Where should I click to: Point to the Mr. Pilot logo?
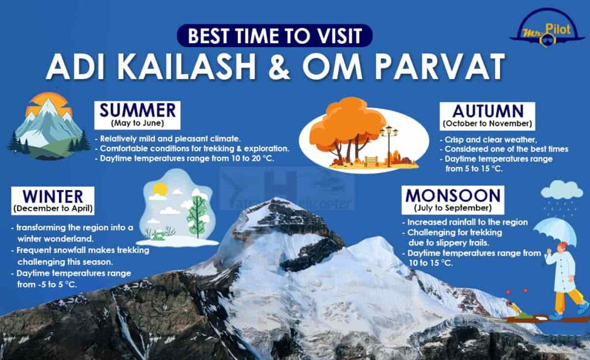click(x=547, y=29)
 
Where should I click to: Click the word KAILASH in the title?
click(x=187, y=67)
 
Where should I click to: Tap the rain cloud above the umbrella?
click(x=561, y=190)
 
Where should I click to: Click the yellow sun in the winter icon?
click(x=160, y=189)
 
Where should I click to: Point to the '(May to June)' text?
click(x=137, y=124)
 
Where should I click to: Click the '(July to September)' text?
click(x=453, y=208)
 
